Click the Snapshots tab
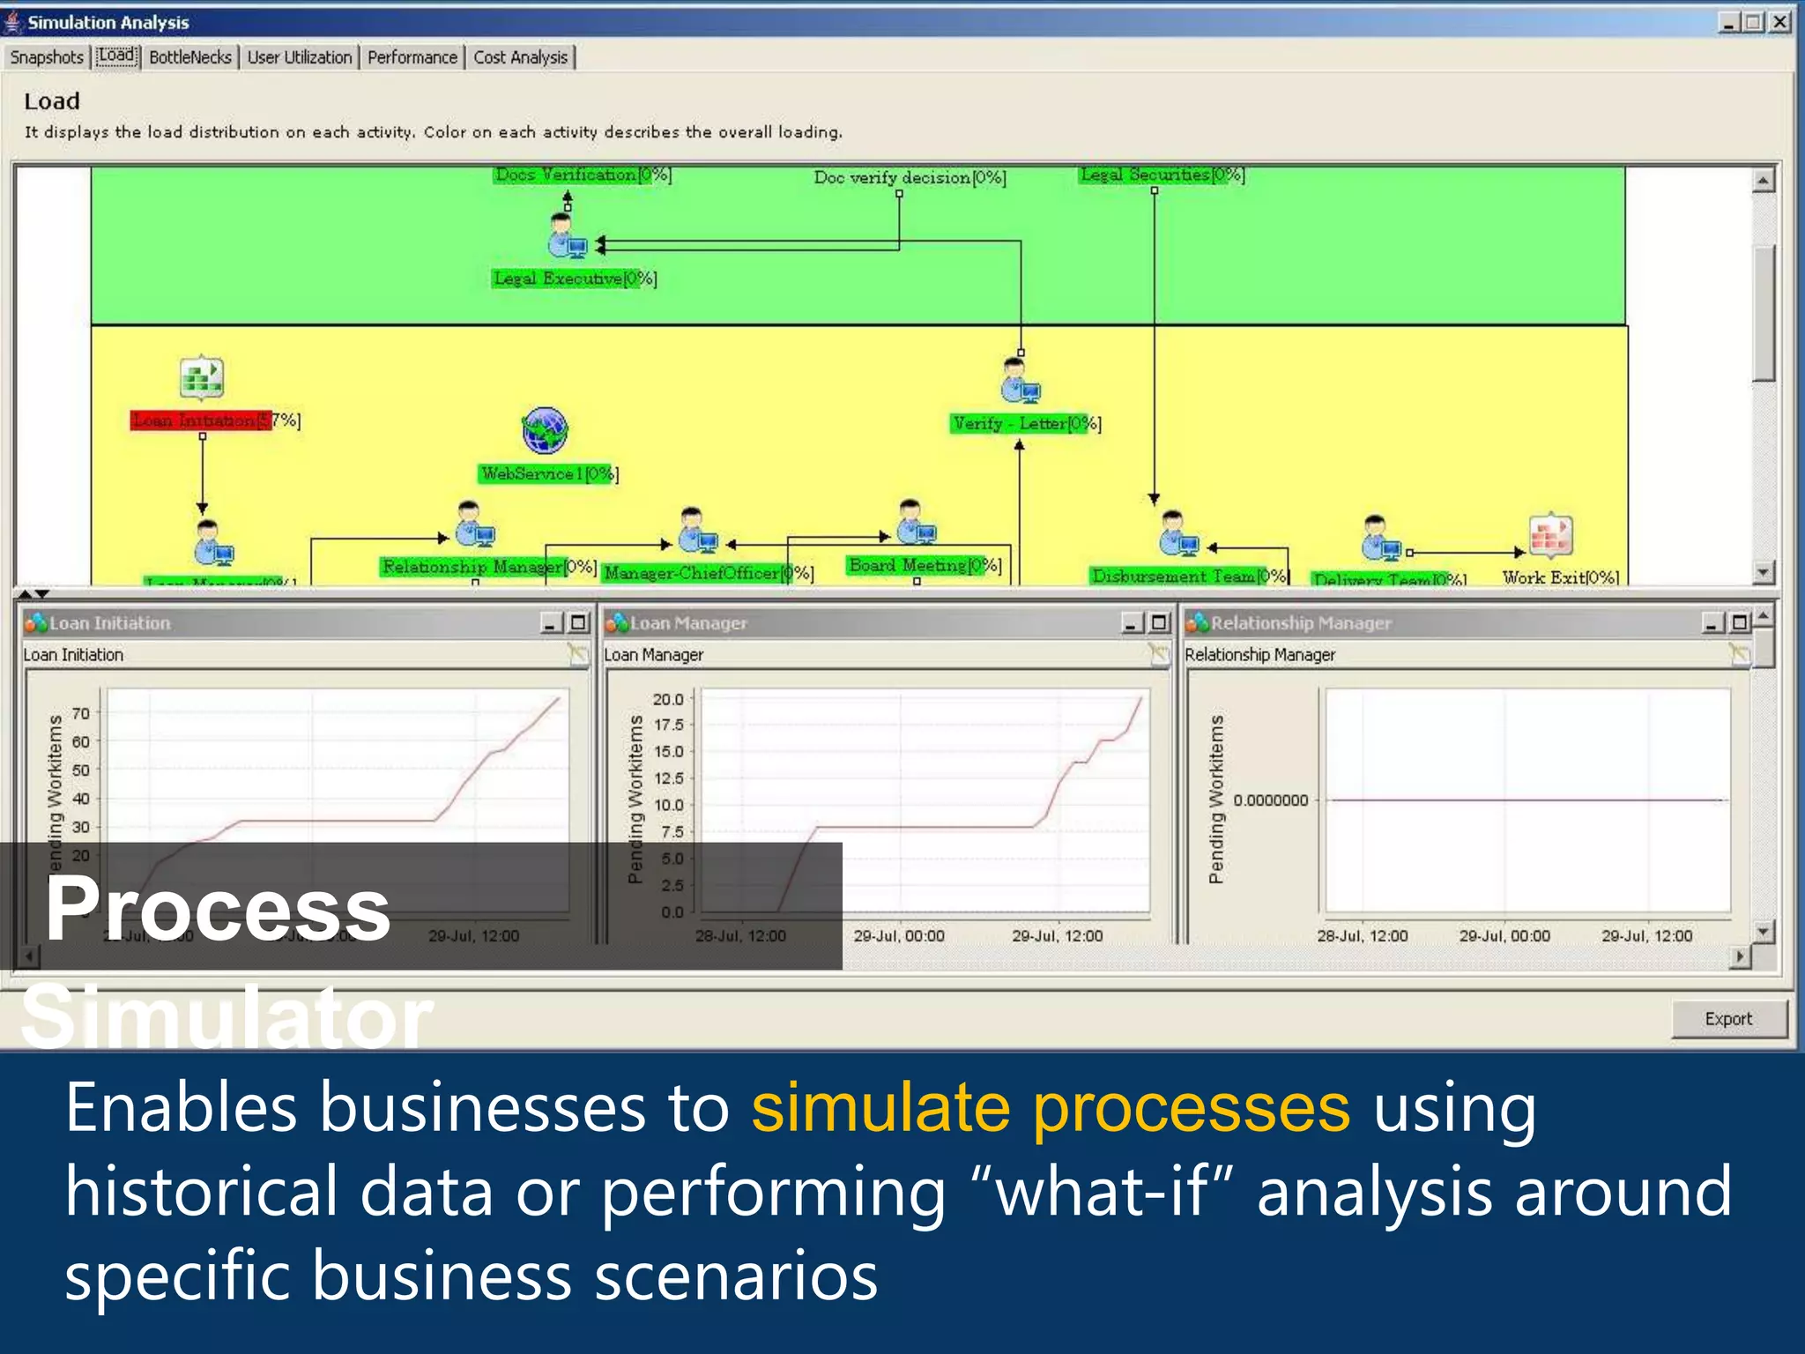click(x=47, y=57)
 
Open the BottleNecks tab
click(x=189, y=57)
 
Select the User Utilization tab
click(x=299, y=57)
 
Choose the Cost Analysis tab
click(x=520, y=57)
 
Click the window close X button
click(x=1779, y=22)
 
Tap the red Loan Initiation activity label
click(x=201, y=420)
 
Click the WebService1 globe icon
click(x=545, y=430)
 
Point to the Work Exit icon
click(x=1550, y=535)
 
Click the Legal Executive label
click(x=574, y=279)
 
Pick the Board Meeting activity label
click(x=924, y=565)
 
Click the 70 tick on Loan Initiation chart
click(x=81, y=713)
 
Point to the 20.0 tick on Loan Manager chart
click(x=667, y=699)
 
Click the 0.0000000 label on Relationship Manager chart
click(x=1270, y=800)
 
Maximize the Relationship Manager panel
click(x=1739, y=623)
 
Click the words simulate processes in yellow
click(x=1050, y=1107)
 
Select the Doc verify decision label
click(x=909, y=177)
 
